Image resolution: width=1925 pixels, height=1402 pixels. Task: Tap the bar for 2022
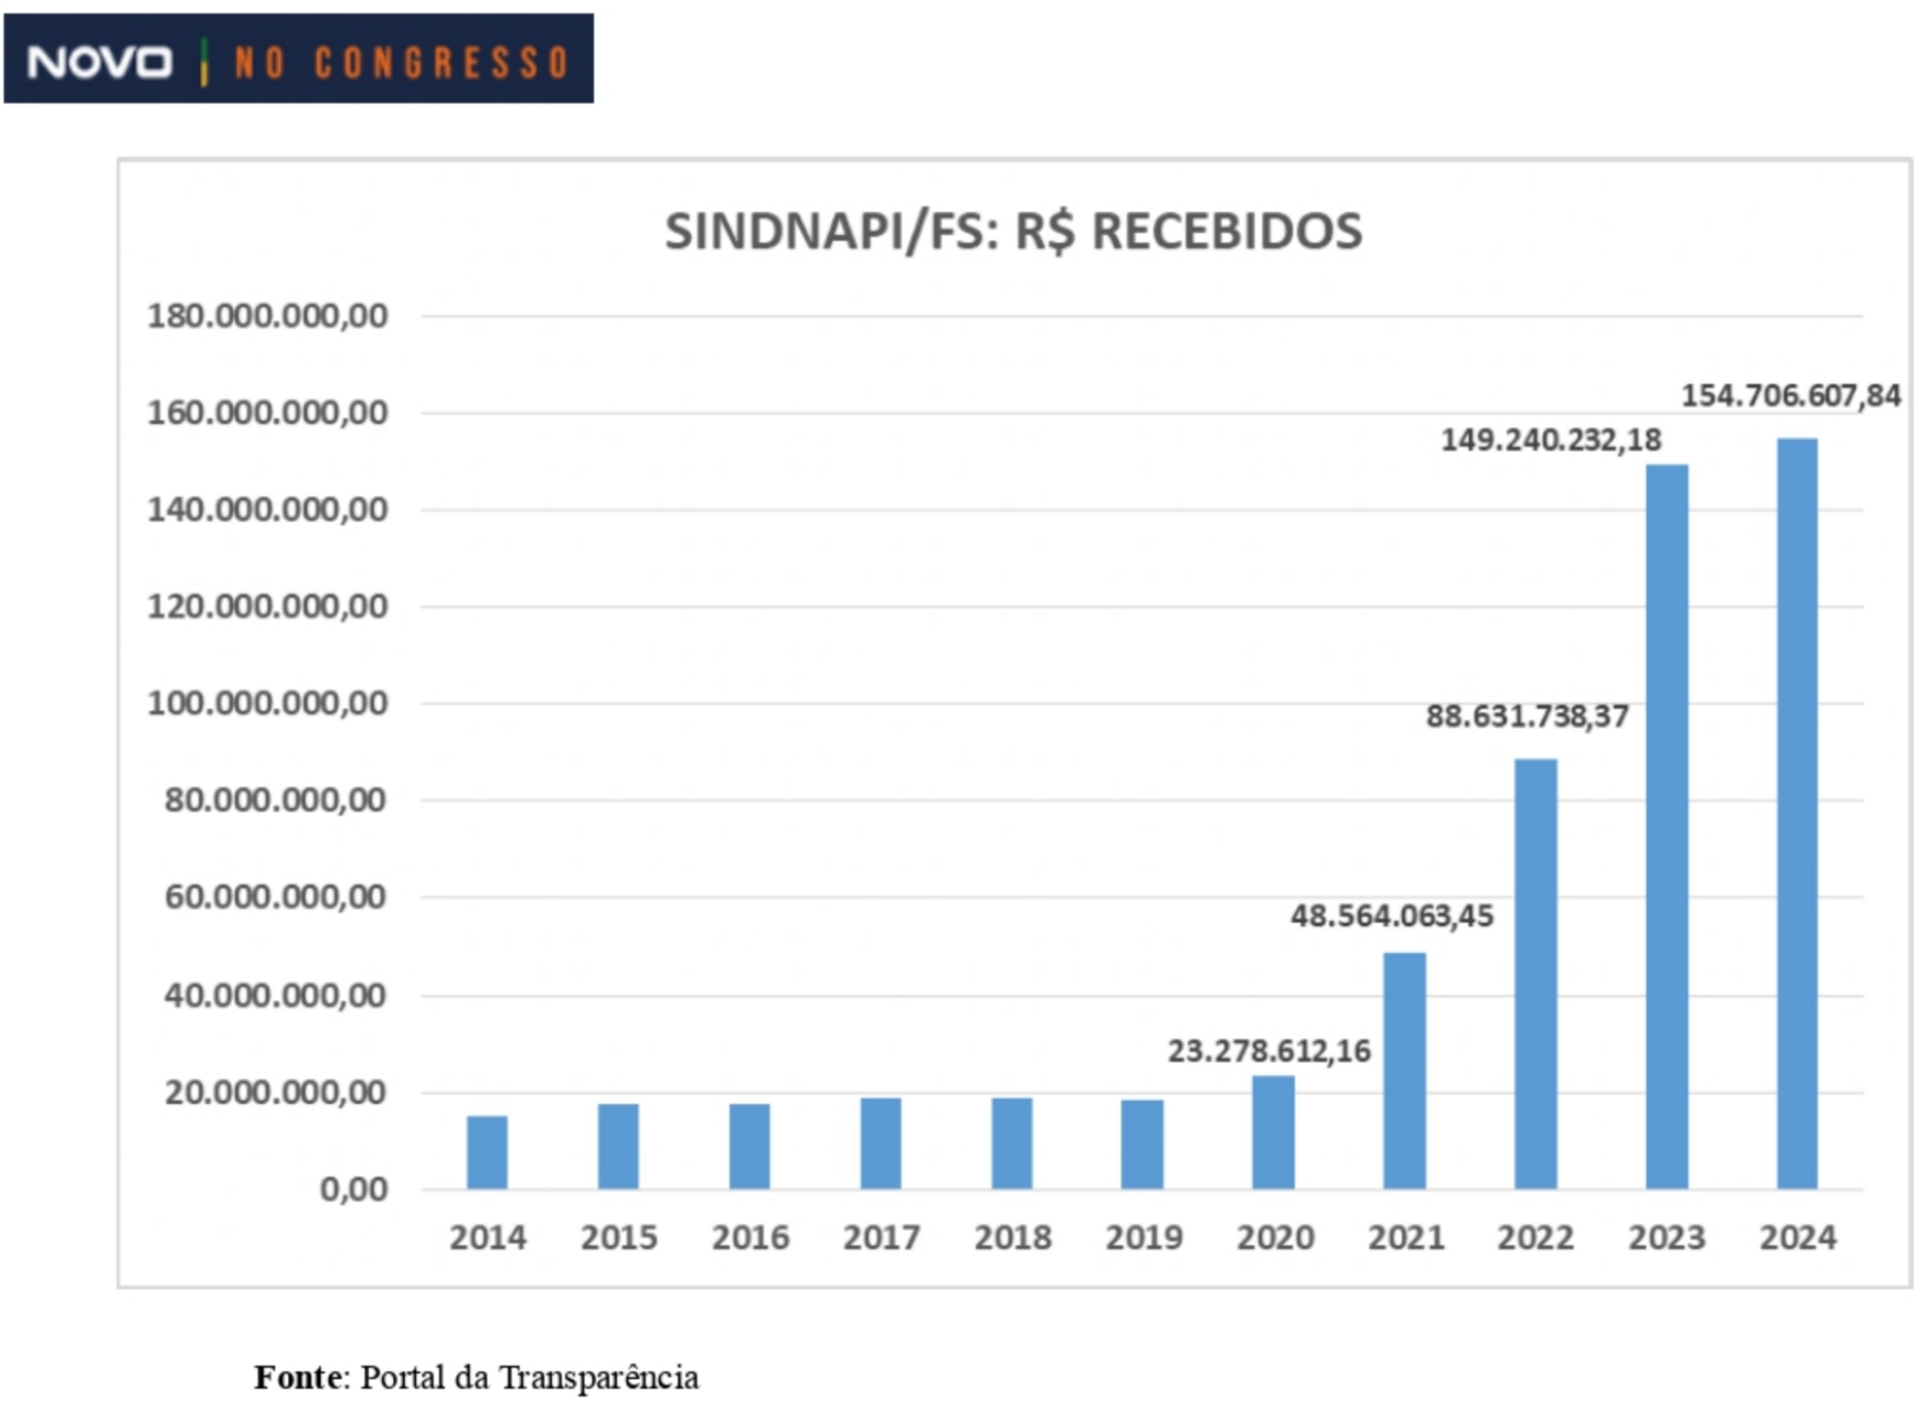pos(1535,974)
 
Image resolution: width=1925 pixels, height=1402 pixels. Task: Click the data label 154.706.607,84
pos(1790,396)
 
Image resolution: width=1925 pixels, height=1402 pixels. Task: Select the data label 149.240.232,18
pos(1551,440)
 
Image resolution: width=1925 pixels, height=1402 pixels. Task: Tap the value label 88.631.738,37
pos(1527,717)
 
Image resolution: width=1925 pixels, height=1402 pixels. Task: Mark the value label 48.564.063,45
pos(1391,917)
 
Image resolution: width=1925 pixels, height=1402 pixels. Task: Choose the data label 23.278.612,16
pos(1269,1051)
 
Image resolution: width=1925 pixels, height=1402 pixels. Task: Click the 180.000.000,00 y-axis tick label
pos(267,316)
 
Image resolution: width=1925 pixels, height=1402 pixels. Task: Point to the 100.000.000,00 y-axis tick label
pos(267,704)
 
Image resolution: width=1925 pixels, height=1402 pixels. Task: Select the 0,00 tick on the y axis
pos(354,1189)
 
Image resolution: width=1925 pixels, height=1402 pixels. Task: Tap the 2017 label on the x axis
pos(881,1238)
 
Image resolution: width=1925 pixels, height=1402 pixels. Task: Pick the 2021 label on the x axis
pos(1406,1238)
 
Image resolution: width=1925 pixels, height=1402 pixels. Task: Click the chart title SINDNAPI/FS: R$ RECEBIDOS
pos(1014,232)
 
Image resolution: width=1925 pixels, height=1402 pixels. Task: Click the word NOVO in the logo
pos(99,63)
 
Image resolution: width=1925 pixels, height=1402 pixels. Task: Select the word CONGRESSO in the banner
pos(442,63)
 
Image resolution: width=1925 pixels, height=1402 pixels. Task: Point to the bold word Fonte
pos(298,1377)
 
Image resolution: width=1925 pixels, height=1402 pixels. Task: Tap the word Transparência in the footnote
pos(599,1377)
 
